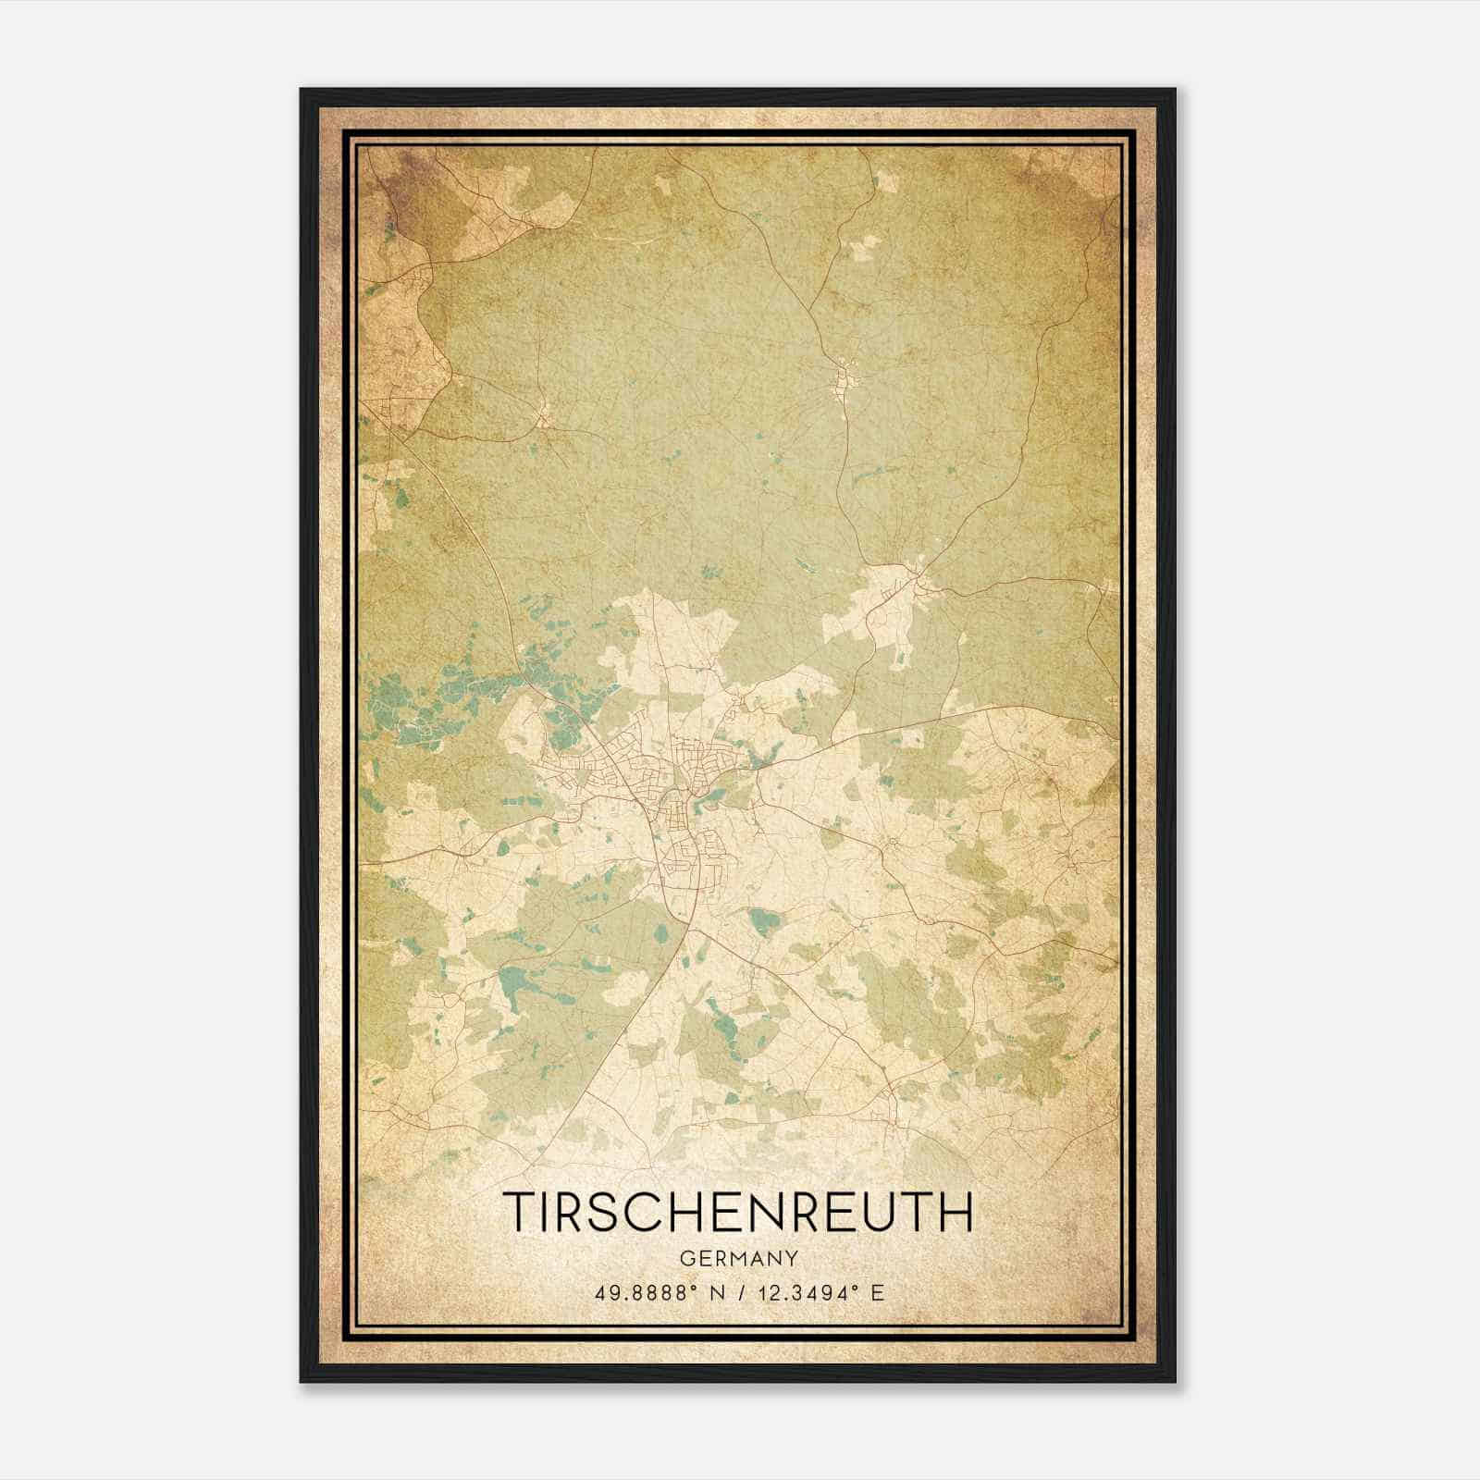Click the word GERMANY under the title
737,1258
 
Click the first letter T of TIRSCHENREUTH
520,1212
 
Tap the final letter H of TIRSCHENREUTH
956,1212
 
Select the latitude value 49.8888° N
660,1292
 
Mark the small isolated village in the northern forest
844,380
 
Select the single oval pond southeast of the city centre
764,921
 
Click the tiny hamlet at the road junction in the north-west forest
545,415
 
